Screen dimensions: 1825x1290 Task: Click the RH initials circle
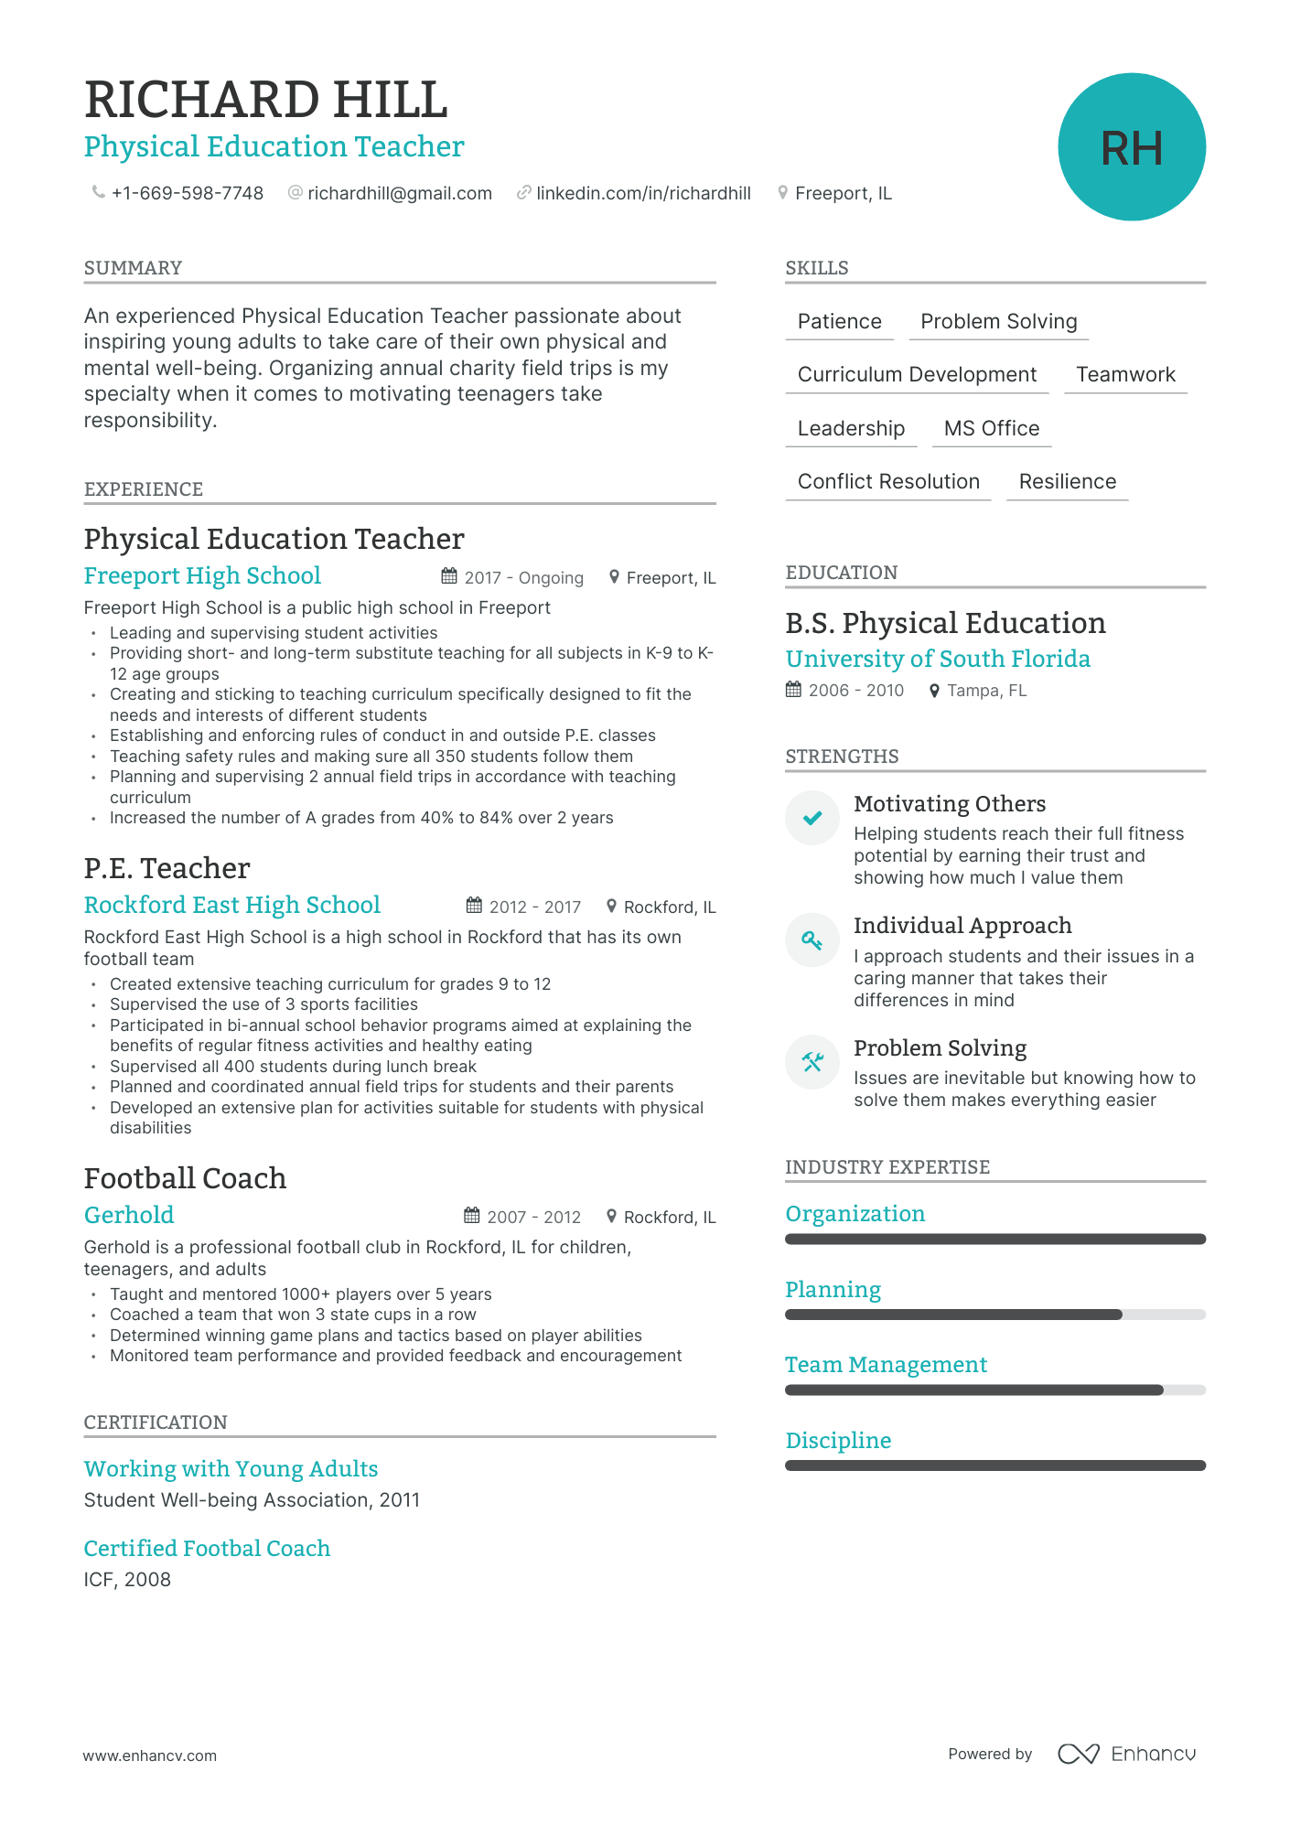1131,147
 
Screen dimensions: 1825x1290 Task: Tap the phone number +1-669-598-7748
187,194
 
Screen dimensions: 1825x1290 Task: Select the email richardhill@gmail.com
399,194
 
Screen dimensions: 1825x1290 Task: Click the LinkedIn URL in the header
642,194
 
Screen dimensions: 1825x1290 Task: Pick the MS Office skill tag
991,429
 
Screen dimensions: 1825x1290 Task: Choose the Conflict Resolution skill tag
887,482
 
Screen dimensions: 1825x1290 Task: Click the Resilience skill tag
1067,482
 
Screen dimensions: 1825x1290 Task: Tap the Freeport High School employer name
202,576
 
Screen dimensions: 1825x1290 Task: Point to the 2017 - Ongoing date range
522,578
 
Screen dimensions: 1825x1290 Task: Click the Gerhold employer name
129,1216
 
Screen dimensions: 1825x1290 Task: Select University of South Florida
937,660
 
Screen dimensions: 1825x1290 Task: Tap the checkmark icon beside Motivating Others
812,818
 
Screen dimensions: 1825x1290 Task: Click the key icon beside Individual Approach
812,939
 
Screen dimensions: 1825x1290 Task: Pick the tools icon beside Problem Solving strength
812,1062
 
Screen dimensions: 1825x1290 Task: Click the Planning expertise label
833,1290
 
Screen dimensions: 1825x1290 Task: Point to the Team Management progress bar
994,1390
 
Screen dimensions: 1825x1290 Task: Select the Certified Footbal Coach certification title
207,1549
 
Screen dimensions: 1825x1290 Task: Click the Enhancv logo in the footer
1126,1754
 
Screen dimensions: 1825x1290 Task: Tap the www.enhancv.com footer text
150,1755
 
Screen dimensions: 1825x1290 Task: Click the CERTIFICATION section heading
156,1422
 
